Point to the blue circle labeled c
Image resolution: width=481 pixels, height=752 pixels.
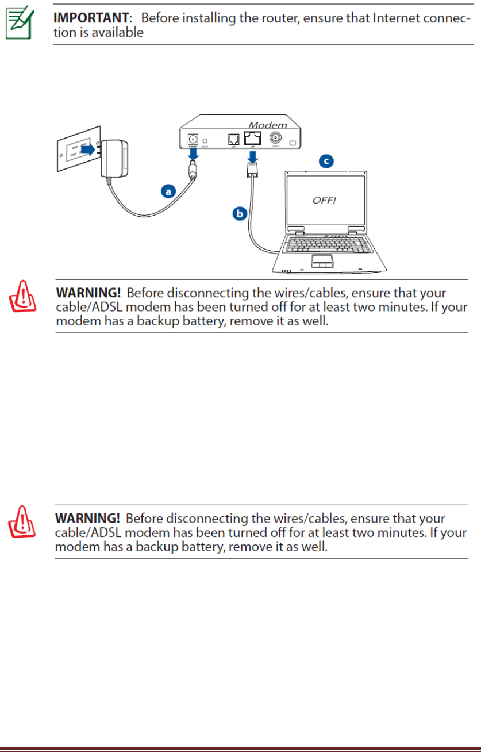pos(326,161)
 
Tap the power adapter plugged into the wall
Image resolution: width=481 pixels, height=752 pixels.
pos(115,158)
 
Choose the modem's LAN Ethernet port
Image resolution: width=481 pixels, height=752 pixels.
pos(252,138)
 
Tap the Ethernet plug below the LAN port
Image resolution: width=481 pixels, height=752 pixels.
pos(251,168)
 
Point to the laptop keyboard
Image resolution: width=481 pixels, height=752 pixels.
pos(325,244)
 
